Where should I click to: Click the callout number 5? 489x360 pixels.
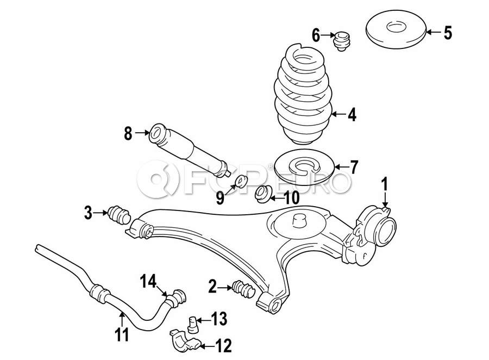click(x=448, y=33)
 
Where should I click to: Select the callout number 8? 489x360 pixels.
click(x=128, y=133)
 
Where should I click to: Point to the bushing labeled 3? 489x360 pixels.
click(x=119, y=214)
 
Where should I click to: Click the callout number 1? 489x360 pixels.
click(x=385, y=184)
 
